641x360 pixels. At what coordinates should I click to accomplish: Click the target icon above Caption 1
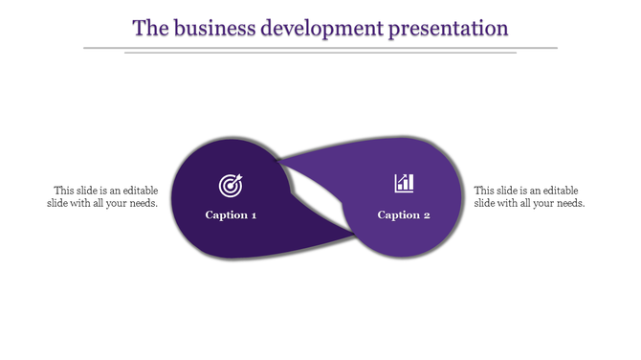coord(231,183)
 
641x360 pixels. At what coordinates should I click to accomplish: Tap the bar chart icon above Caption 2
coord(404,182)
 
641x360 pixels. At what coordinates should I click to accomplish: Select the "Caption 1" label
coord(231,214)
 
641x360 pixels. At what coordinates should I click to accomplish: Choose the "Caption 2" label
coord(404,214)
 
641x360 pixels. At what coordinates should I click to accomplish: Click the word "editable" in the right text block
coord(559,190)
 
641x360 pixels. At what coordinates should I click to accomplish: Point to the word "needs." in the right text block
coord(569,203)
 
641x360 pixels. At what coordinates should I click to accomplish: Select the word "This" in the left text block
coord(64,190)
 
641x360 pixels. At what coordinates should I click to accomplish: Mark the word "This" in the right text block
coord(485,190)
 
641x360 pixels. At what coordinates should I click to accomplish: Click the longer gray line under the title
coord(320,47)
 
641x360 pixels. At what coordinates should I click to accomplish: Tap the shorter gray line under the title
coord(320,53)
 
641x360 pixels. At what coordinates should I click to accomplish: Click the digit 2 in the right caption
coord(427,214)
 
